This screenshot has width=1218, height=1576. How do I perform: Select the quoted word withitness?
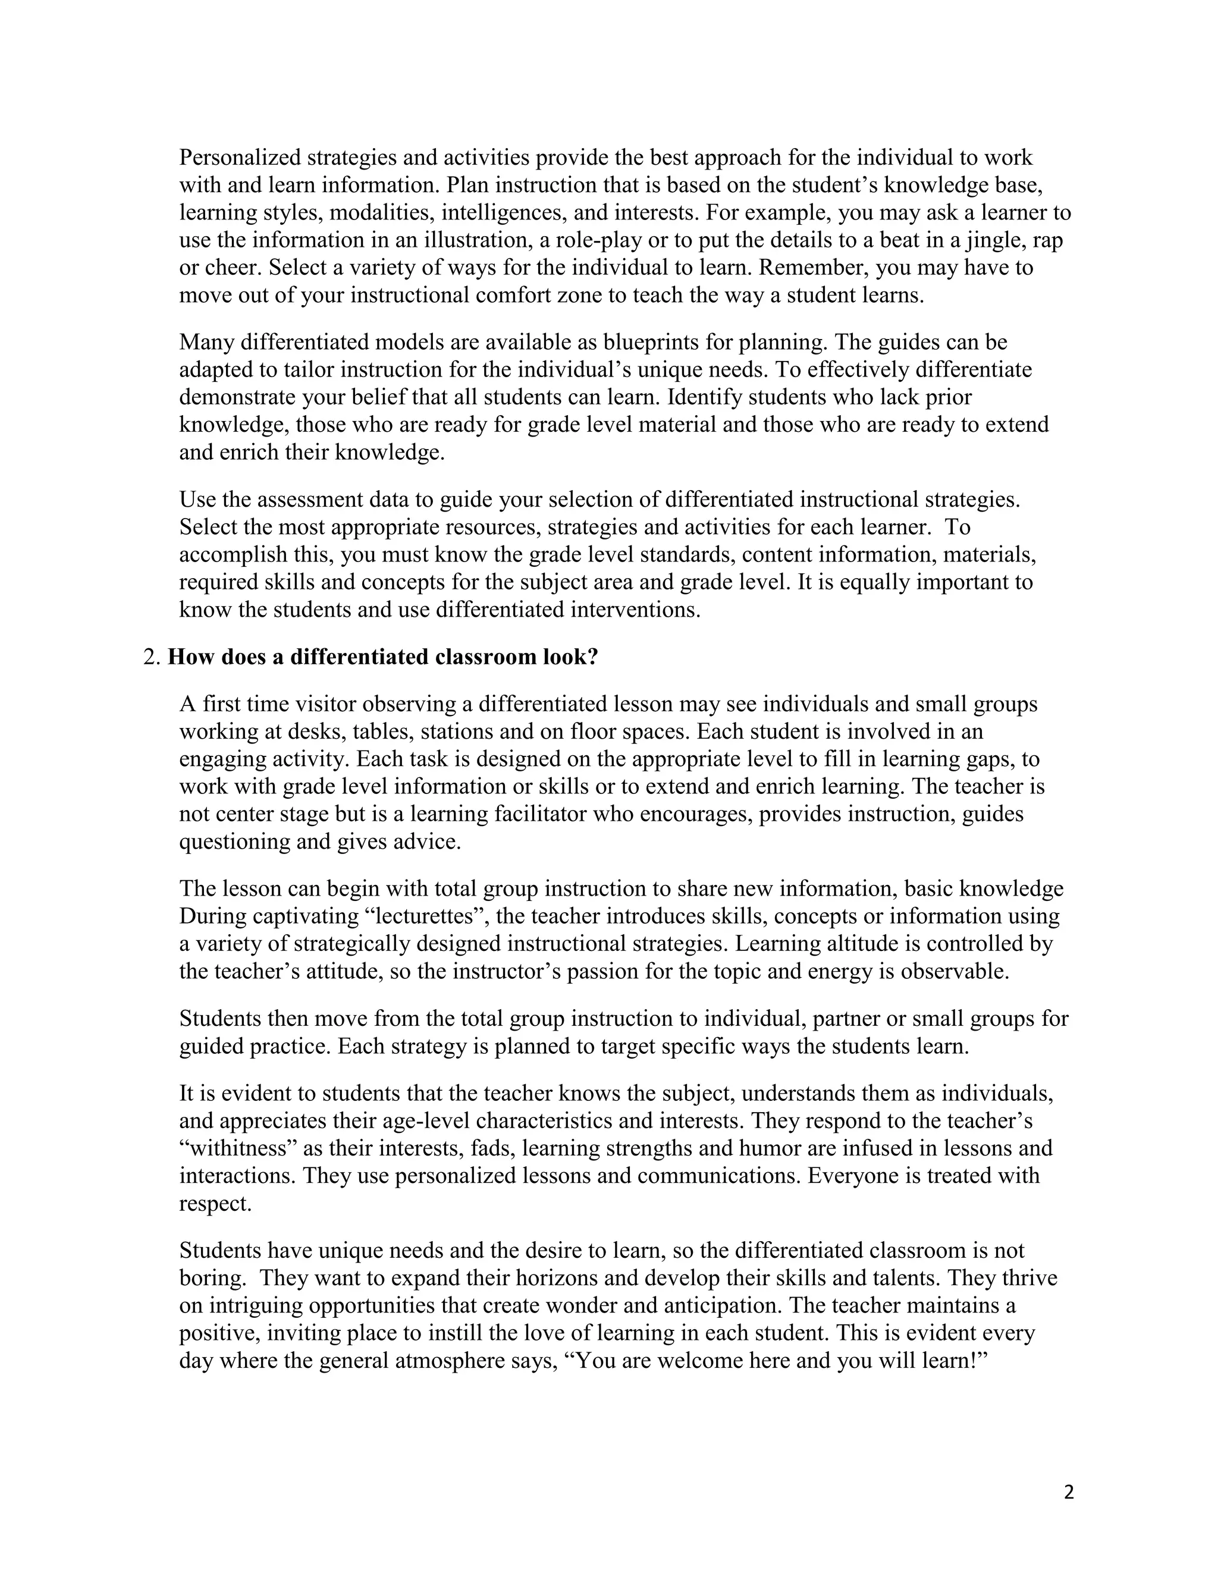(x=237, y=1148)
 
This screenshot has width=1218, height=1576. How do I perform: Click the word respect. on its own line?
(x=215, y=1204)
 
